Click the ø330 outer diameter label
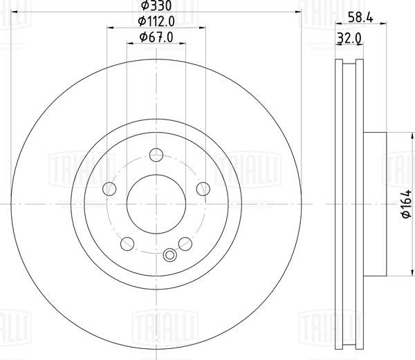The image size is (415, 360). click(x=158, y=6)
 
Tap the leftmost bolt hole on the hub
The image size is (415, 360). click(x=109, y=189)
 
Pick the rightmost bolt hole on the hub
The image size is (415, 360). click(x=203, y=189)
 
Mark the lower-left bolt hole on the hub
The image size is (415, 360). click(x=127, y=243)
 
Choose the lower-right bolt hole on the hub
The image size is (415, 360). click(x=185, y=243)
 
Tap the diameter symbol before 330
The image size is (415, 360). click(x=144, y=6)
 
